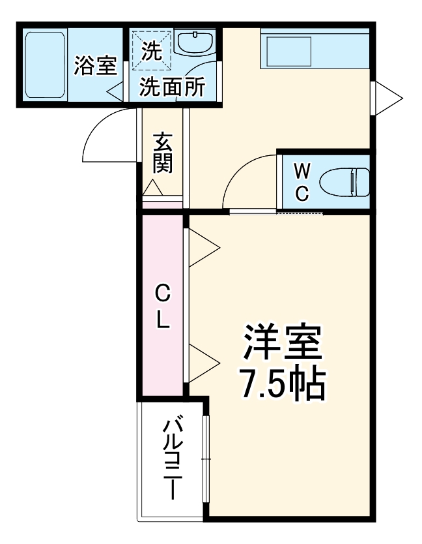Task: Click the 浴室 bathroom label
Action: coord(94,66)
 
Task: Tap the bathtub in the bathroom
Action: coord(44,65)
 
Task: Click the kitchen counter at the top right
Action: coord(314,49)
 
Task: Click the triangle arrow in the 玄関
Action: coord(154,189)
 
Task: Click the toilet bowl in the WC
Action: coord(352,182)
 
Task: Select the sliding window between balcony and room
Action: coord(206,460)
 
